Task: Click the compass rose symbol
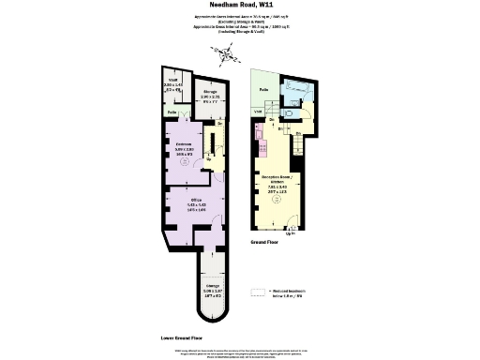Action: [x=225, y=53]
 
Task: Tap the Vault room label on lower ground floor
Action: [x=172, y=85]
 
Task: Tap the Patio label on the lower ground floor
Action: [x=172, y=112]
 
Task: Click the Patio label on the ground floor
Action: [x=265, y=90]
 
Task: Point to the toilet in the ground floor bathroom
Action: [x=294, y=113]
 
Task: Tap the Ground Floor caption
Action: [x=265, y=241]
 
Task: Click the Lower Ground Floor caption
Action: [x=182, y=336]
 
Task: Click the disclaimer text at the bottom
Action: [x=239, y=352]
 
